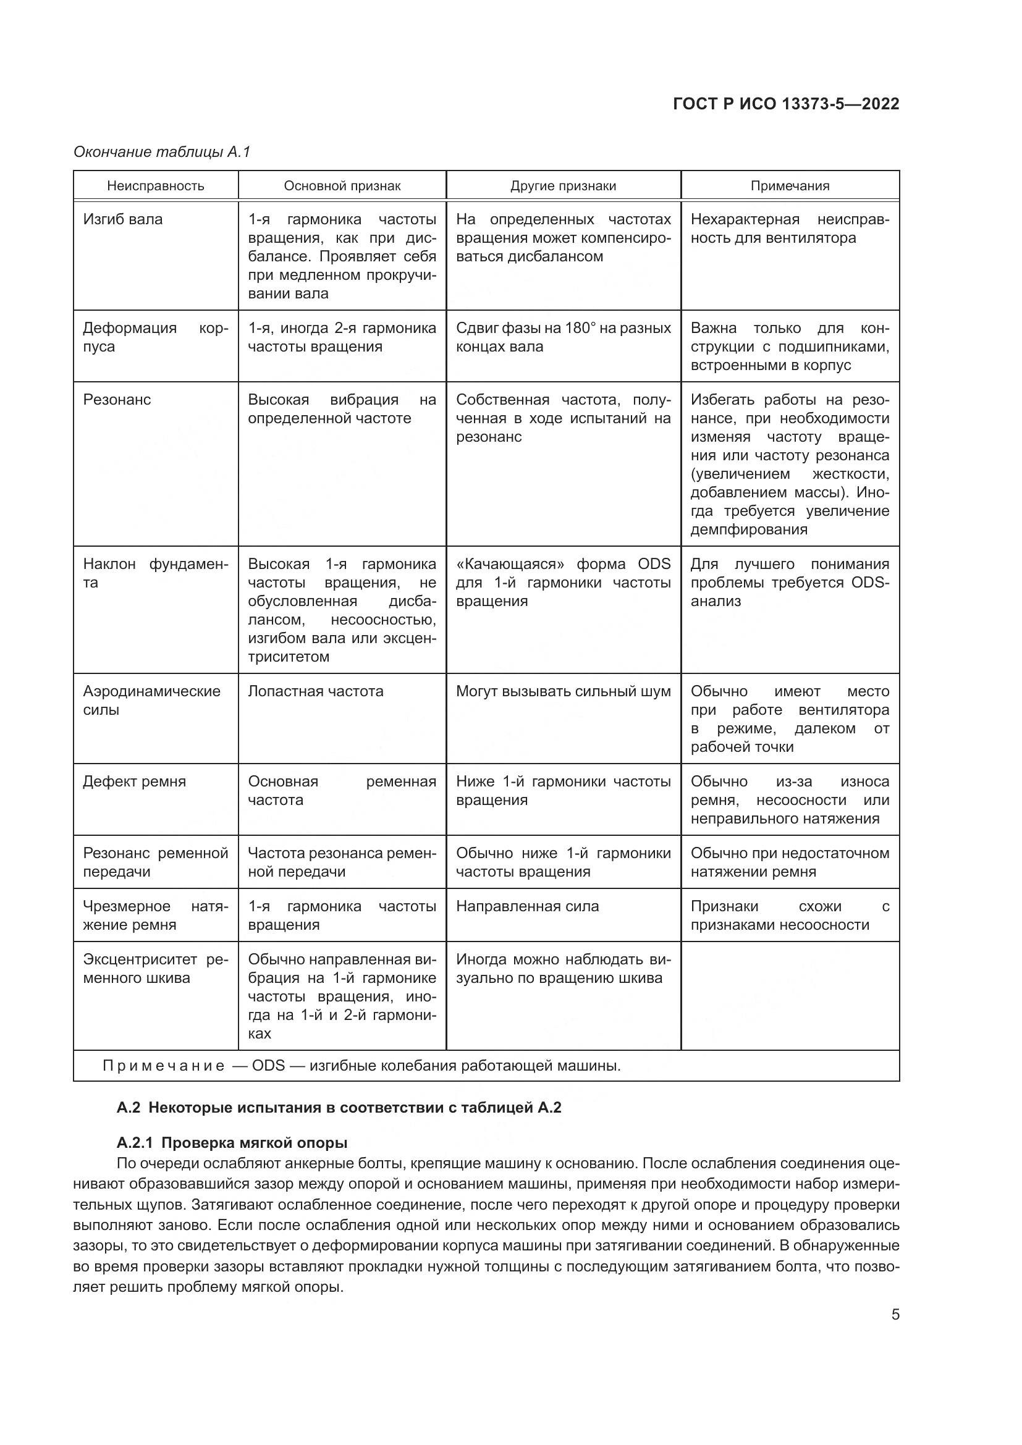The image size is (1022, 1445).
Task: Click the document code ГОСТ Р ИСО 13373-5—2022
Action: click(785, 104)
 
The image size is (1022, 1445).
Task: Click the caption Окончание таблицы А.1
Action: click(162, 152)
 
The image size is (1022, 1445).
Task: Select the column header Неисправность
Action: click(156, 186)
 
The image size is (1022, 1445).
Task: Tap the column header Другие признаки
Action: click(563, 186)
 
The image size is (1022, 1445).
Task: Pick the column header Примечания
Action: click(789, 186)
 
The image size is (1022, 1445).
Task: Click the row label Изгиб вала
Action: click(123, 220)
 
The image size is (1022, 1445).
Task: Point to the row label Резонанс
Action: click(117, 400)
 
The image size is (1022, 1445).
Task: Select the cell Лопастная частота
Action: click(315, 691)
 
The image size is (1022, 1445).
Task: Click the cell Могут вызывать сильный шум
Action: click(563, 691)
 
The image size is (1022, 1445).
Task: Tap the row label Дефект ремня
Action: click(134, 781)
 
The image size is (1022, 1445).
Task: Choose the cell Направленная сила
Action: click(526, 906)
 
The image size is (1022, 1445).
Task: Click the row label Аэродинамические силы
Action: click(151, 700)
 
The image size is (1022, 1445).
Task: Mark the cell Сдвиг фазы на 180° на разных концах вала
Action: click(563, 337)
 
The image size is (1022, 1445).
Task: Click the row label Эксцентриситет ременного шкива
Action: click(155, 969)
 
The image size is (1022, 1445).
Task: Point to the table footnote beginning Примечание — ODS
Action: click(361, 1066)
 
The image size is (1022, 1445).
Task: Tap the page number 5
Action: click(895, 1315)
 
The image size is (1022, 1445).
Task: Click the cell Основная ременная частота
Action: click(341, 791)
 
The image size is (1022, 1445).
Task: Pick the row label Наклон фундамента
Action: click(155, 573)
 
